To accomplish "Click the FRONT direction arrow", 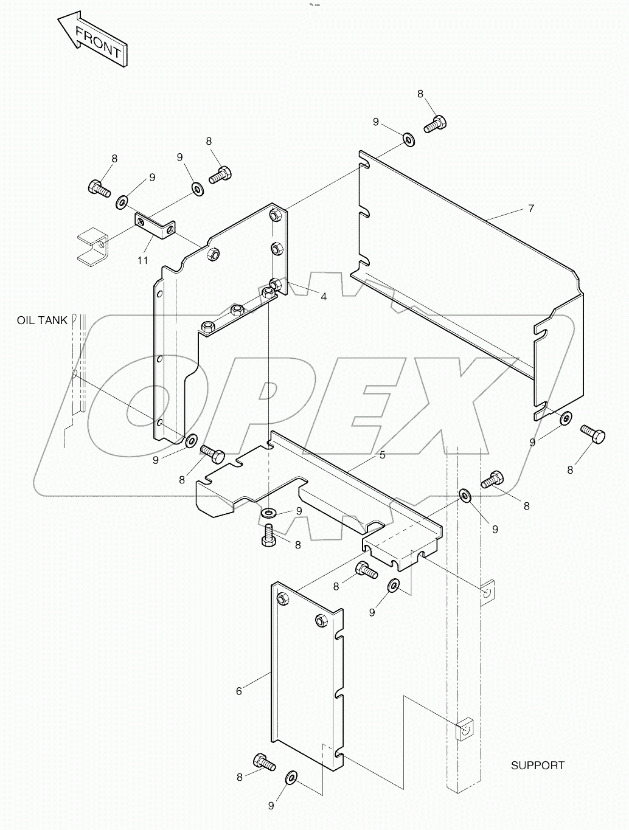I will click(x=93, y=41).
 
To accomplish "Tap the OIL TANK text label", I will click(x=42, y=320).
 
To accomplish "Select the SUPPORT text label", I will click(x=537, y=766).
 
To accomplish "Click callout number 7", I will click(x=531, y=209).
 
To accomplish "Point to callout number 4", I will click(x=324, y=297).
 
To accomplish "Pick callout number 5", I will click(x=382, y=455).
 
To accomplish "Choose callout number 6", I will click(x=239, y=691).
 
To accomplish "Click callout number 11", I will click(x=142, y=260).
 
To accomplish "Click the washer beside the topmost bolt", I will click(x=408, y=140).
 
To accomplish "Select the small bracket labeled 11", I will click(x=155, y=225).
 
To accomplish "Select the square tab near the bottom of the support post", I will click(x=465, y=728).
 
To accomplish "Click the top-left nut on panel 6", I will click(x=283, y=600).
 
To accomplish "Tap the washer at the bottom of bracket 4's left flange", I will click(x=190, y=440).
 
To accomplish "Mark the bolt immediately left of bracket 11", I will click(x=99, y=188).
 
